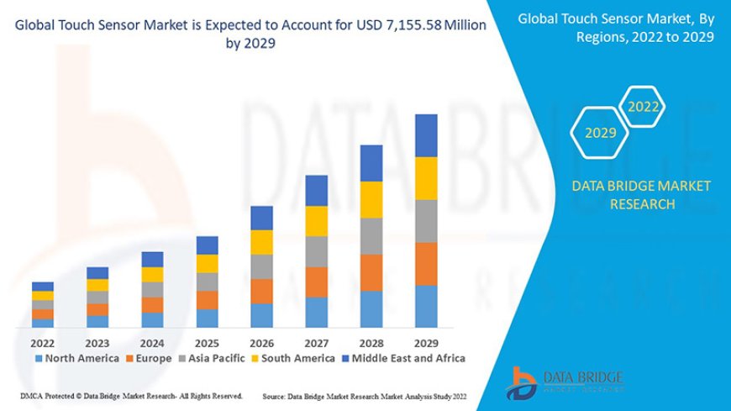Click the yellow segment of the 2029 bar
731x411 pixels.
point(426,177)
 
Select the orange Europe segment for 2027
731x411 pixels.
point(316,282)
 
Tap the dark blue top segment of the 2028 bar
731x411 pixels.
point(371,163)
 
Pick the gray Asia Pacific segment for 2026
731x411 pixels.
point(261,266)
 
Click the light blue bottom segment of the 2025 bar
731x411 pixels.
point(207,318)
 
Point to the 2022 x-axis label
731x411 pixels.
point(42,343)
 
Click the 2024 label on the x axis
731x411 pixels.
point(152,343)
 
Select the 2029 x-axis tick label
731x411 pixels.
point(426,343)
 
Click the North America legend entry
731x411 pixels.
point(76,358)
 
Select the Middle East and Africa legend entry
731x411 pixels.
point(403,358)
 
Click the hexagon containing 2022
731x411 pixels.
point(644,108)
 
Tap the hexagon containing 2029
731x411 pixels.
point(600,133)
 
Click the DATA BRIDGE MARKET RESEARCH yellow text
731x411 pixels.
point(641,194)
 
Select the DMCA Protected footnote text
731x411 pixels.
point(131,395)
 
